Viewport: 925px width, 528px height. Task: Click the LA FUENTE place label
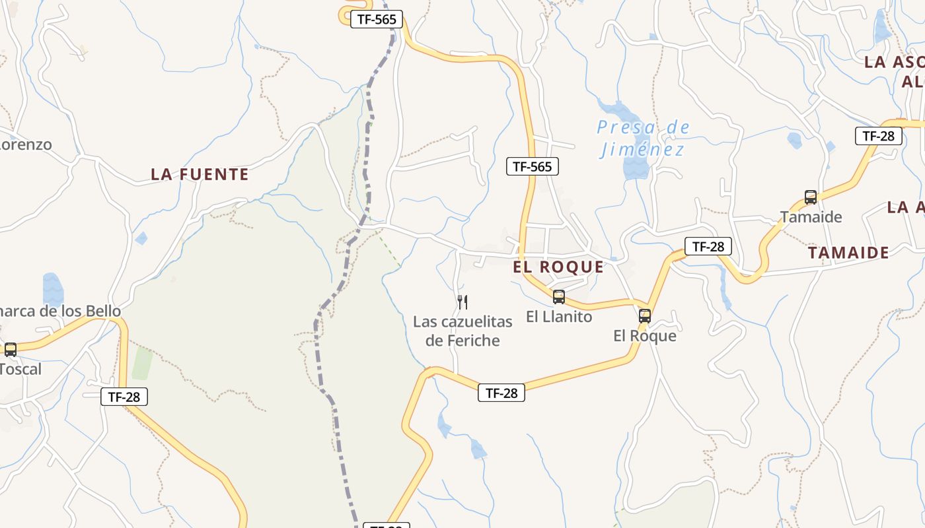[x=200, y=174]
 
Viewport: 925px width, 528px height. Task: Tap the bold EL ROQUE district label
[x=558, y=267]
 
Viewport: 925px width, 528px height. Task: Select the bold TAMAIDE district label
[x=848, y=252]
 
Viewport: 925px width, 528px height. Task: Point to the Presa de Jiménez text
[x=643, y=139]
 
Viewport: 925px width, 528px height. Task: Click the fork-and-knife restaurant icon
[x=462, y=302]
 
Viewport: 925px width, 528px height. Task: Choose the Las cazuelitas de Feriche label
[x=462, y=331]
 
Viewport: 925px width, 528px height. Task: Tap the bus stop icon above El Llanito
[x=559, y=297]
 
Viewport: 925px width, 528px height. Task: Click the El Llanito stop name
[x=559, y=317]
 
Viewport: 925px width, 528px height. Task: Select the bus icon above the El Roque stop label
[x=645, y=316]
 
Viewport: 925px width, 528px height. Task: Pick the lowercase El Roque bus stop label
[x=645, y=336]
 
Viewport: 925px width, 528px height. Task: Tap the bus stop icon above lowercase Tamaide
[x=811, y=197]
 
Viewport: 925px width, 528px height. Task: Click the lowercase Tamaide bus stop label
[x=811, y=216]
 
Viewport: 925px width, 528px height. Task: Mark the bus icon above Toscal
[x=11, y=350]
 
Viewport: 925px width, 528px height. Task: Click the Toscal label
[x=20, y=369]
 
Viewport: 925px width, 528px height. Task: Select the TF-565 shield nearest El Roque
[x=533, y=166]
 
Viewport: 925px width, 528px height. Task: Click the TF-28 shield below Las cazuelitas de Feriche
[x=501, y=393]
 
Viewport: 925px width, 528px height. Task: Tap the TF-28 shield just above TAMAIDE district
[x=708, y=247]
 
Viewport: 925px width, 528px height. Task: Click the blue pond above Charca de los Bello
[x=53, y=288]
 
